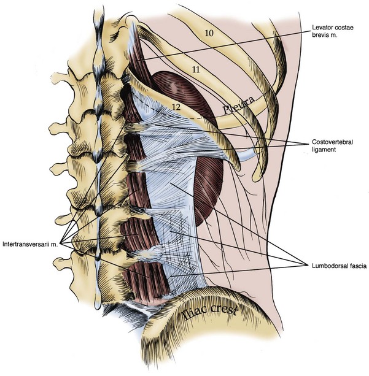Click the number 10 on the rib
coord(209,34)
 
